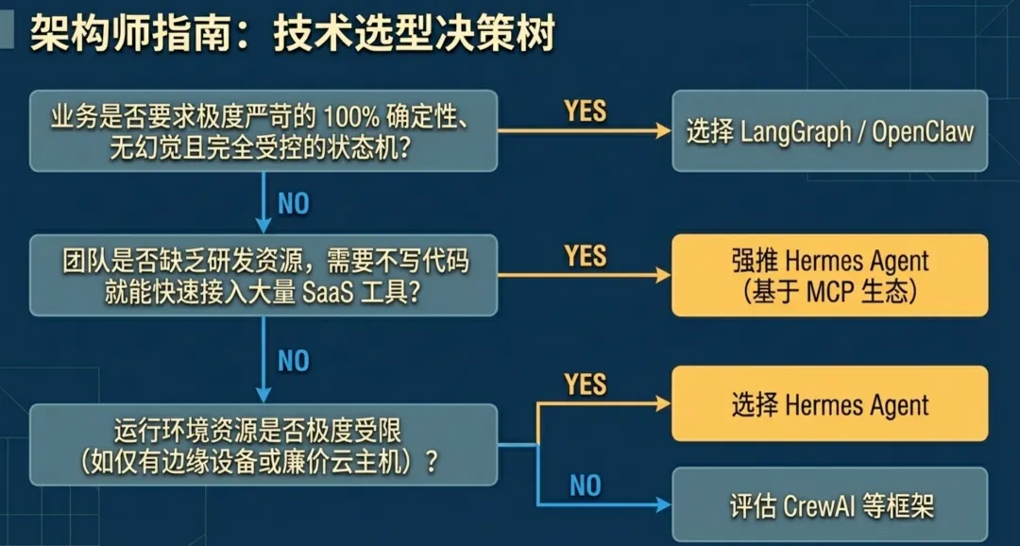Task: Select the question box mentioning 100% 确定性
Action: (x=263, y=131)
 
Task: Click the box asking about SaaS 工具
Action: (x=263, y=275)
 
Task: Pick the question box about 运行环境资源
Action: (x=263, y=445)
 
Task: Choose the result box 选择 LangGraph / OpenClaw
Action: (x=829, y=131)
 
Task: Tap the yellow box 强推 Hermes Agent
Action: (x=829, y=275)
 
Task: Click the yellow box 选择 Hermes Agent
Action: (x=829, y=404)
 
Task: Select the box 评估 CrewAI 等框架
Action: (x=829, y=505)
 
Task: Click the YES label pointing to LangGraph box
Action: (x=585, y=111)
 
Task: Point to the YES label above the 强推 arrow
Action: (x=585, y=255)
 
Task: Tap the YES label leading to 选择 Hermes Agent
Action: (x=585, y=384)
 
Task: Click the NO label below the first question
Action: (x=293, y=203)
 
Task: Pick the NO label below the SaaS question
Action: (x=293, y=360)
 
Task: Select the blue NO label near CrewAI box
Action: (x=585, y=486)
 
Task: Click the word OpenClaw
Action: (x=922, y=131)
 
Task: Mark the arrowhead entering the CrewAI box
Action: (x=663, y=505)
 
